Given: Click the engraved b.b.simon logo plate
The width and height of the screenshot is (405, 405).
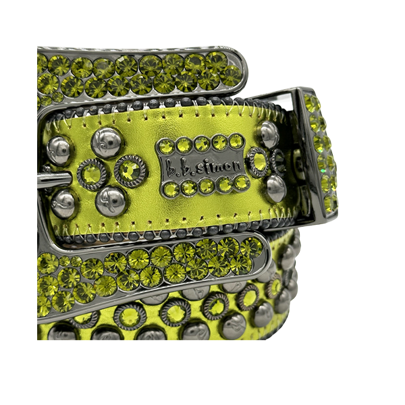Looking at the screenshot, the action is click(202, 165).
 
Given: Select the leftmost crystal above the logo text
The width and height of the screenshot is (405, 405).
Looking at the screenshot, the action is click(166, 146).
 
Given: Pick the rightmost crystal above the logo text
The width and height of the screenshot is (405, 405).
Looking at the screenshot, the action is click(236, 141).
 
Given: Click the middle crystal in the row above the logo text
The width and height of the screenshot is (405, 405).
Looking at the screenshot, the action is click(202, 143).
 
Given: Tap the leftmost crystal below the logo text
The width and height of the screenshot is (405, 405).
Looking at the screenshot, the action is click(170, 189).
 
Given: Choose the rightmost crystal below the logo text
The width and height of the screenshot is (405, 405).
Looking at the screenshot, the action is click(242, 182).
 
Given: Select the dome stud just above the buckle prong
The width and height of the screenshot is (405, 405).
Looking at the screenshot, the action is click(59, 151).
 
